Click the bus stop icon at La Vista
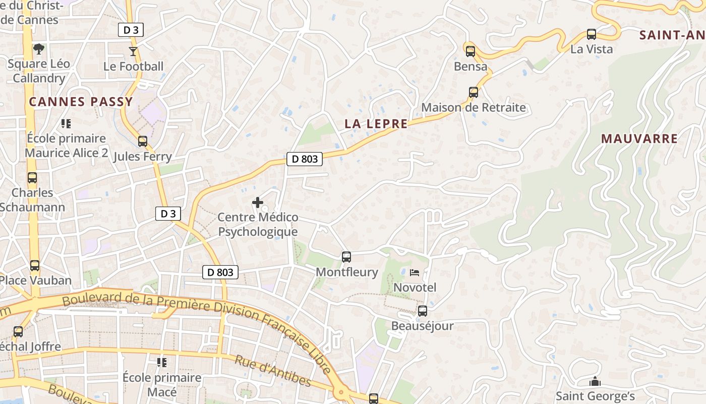click(592, 34)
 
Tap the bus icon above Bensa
click(470, 51)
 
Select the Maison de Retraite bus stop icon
click(474, 92)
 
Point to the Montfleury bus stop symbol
click(346, 257)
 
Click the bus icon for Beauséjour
click(423, 311)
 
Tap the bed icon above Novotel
click(415, 273)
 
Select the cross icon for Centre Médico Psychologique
click(258, 203)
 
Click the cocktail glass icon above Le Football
click(133, 51)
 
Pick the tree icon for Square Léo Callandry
click(39, 49)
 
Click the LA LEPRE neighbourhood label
click(376, 124)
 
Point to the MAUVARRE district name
click(639, 138)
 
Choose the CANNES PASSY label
click(81, 102)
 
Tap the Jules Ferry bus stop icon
click(143, 141)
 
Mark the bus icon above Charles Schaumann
click(32, 178)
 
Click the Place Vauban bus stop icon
click(35, 265)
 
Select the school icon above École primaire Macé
click(162, 363)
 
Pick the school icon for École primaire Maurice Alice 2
click(66, 123)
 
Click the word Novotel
click(415, 287)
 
